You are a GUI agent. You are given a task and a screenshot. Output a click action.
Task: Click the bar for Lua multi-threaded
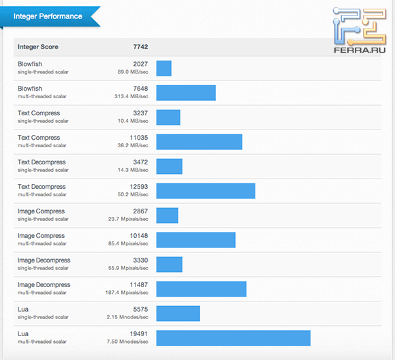233,338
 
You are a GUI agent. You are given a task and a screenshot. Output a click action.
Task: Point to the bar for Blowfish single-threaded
163,68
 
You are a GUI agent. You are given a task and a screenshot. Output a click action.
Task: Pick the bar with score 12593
206,191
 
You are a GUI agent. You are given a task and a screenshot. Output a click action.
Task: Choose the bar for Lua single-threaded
178,314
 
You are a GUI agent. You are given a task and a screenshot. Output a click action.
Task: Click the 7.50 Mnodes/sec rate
131,342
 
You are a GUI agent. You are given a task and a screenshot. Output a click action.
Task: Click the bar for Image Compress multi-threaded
195,240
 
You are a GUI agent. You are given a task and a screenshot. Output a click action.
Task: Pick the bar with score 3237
168,117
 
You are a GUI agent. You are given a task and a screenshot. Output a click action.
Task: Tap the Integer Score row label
38,47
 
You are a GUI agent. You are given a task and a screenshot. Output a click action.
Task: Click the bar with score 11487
201,289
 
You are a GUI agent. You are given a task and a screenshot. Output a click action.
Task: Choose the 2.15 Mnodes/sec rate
131,317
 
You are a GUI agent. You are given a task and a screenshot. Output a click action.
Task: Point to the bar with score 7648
186,93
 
